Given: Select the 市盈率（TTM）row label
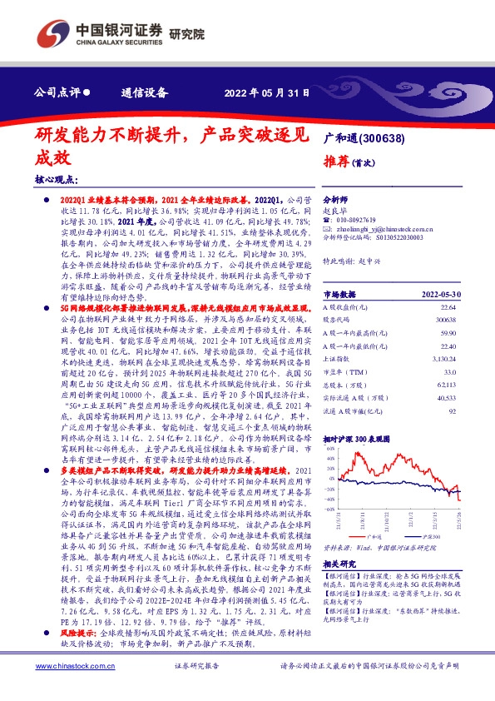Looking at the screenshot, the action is pyautogui.click(x=343, y=371).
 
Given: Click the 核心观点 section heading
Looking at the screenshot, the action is pyautogui.click(x=57, y=179).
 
